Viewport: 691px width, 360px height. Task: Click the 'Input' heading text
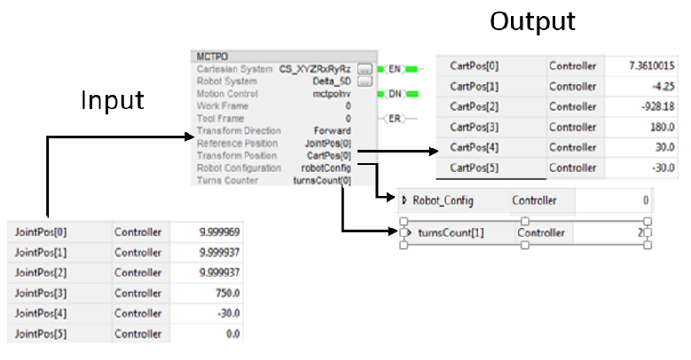[x=113, y=99]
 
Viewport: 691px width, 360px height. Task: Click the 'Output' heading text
[x=532, y=20]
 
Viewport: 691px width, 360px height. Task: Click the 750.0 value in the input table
[x=226, y=293]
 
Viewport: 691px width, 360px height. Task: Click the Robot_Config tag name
[x=444, y=201]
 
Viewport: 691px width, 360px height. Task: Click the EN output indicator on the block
[x=397, y=68]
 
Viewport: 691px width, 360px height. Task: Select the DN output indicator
[x=397, y=93]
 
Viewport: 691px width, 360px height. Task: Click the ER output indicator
[x=397, y=118]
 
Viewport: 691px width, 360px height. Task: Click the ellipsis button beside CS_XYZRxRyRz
[x=364, y=68]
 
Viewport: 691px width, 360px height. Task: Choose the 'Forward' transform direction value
[x=332, y=130]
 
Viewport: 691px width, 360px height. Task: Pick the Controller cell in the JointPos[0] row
[x=137, y=232]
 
